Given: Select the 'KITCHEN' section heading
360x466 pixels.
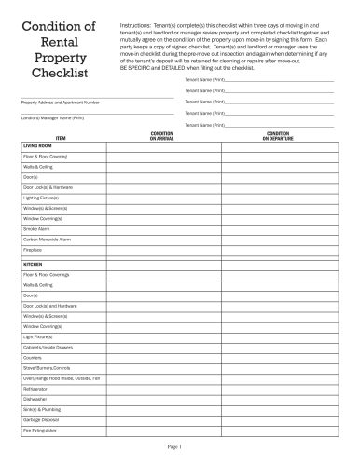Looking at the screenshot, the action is coord(33,265).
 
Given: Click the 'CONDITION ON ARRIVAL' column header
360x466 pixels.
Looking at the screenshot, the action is coord(162,136).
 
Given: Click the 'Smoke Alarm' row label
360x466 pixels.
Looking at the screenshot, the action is coord(36,228).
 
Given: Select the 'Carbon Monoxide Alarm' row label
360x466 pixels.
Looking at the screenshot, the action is coord(47,240).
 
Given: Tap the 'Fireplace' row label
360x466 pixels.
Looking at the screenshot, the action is coord(34,251).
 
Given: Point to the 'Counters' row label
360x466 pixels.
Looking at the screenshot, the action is coord(33,357).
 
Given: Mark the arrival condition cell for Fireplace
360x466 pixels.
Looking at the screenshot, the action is coord(162,251).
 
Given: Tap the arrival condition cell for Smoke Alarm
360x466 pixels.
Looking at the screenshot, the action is coord(162,228).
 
